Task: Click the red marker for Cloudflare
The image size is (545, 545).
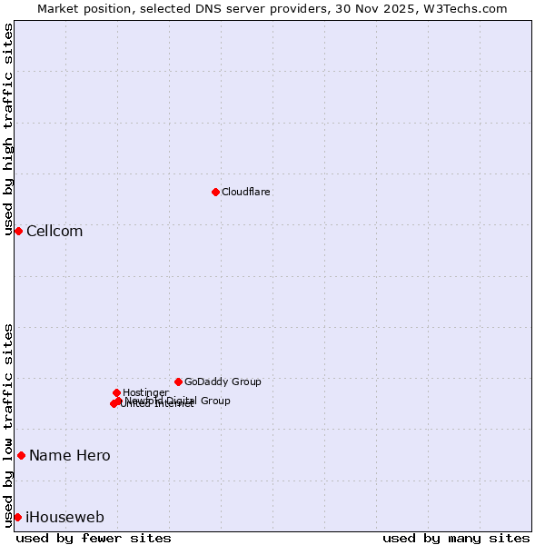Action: coord(215,192)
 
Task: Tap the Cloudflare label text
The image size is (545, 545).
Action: coord(245,192)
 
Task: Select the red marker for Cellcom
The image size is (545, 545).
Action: coord(18,231)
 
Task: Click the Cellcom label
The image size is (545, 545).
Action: coord(54,231)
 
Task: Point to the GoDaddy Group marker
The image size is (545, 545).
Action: coord(178,381)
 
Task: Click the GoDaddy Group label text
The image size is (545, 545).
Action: coord(223,381)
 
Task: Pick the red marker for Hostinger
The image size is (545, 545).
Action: coord(116,392)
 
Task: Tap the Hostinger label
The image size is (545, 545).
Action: coord(145,392)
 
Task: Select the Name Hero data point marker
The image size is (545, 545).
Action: coord(21,455)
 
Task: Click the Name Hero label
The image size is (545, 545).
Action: coord(69,455)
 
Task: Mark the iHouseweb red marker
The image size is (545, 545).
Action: coord(17,517)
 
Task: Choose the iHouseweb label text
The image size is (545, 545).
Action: coord(64,517)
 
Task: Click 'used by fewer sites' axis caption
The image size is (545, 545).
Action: coord(94,538)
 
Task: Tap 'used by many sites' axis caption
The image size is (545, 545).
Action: coord(456,538)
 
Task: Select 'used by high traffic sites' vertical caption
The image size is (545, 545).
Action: coord(9,129)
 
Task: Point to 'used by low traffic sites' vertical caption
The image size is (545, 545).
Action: coord(9,425)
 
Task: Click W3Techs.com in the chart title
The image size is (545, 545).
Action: coord(469,8)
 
